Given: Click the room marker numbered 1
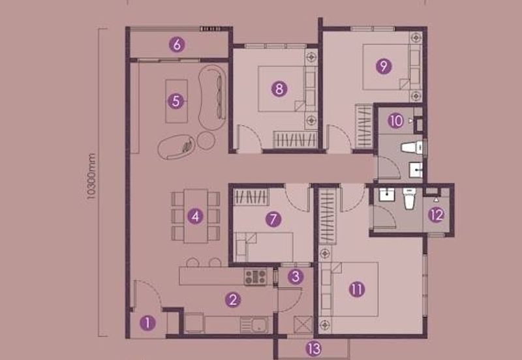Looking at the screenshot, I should [149, 322].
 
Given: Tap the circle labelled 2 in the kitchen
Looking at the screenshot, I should [232, 300].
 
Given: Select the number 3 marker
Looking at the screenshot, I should [296, 277].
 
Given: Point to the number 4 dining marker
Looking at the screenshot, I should [195, 216].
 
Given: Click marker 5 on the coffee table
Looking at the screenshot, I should [176, 101].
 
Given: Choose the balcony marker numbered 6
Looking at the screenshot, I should [176, 45].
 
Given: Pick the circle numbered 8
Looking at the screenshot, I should [279, 89].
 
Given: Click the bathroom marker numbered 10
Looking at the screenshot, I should [396, 121].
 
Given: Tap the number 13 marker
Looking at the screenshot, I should [315, 349].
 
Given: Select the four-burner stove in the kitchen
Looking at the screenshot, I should [256, 277].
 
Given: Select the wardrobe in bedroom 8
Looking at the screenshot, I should [295, 139].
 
